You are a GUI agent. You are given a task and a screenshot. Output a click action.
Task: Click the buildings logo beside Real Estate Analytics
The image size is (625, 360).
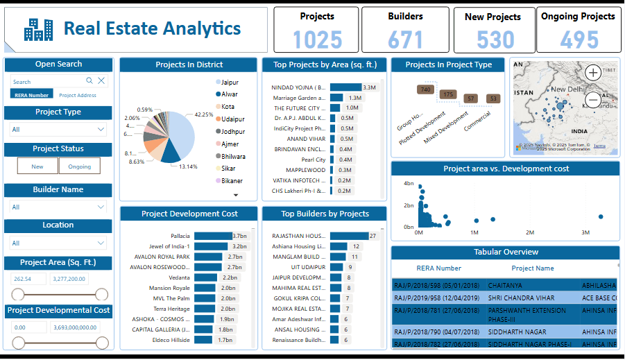click(x=38, y=28)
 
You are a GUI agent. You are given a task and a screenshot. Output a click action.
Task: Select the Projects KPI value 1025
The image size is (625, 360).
click(x=317, y=40)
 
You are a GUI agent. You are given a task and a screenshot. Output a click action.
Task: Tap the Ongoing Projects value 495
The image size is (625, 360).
click(x=579, y=40)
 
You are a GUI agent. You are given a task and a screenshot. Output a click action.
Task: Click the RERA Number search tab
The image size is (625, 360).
click(x=32, y=95)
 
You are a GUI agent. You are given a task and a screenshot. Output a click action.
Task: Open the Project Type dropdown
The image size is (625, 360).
click(x=58, y=129)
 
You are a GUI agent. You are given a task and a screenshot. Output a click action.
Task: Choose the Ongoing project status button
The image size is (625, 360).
click(x=80, y=166)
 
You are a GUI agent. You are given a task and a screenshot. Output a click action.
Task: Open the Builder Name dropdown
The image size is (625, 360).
click(x=58, y=207)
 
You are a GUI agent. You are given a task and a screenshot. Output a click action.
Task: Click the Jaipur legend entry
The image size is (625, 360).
click(x=230, y=82)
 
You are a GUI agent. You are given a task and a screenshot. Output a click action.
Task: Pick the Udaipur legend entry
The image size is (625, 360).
click(x=232, y=119)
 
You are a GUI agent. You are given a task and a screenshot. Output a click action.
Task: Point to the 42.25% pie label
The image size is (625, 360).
click(x=203, y=114)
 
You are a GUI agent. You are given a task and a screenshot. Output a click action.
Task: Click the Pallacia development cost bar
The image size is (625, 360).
click(x=213, y=236)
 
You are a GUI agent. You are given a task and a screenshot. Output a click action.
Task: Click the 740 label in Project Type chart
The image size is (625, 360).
click(x=425, y=90)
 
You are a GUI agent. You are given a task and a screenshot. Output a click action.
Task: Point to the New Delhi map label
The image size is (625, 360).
click(x=568, y=89)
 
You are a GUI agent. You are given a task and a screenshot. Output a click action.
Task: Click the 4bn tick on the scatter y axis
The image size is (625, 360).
click(x=409, y=184)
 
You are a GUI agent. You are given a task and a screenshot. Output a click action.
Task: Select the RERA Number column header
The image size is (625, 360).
click(x=438, y=268)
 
